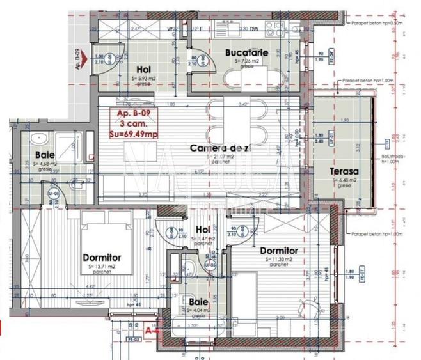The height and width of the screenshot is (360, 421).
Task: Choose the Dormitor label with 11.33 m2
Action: (x=278, y=251)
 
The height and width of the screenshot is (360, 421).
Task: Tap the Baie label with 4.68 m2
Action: (x=44, y=155)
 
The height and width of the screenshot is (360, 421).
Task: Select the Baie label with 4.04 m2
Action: (x=196, y=301)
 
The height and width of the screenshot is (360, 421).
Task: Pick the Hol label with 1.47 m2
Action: (x=203, y=229)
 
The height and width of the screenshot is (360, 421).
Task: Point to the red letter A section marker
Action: (x=149, y=330)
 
